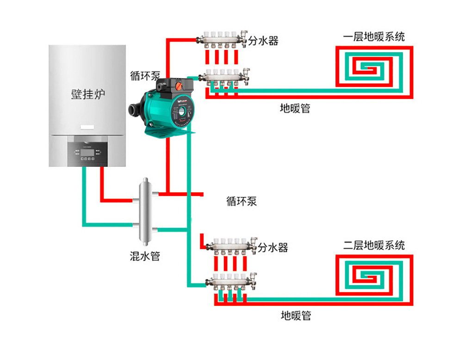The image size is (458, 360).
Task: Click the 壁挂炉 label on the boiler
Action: pos(88,95)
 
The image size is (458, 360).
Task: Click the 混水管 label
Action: pos(145,256)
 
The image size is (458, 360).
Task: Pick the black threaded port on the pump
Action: pos(135,111)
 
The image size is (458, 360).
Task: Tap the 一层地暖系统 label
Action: pos(374,37)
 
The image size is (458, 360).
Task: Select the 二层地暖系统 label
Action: pos(374,245)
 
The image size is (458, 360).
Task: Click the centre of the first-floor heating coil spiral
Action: pos(370,69)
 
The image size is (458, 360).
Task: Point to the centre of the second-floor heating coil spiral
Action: pos(370,277)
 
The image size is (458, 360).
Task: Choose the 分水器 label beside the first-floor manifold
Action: pos(263,41)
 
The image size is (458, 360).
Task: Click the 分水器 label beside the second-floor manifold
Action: pos(273,248)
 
